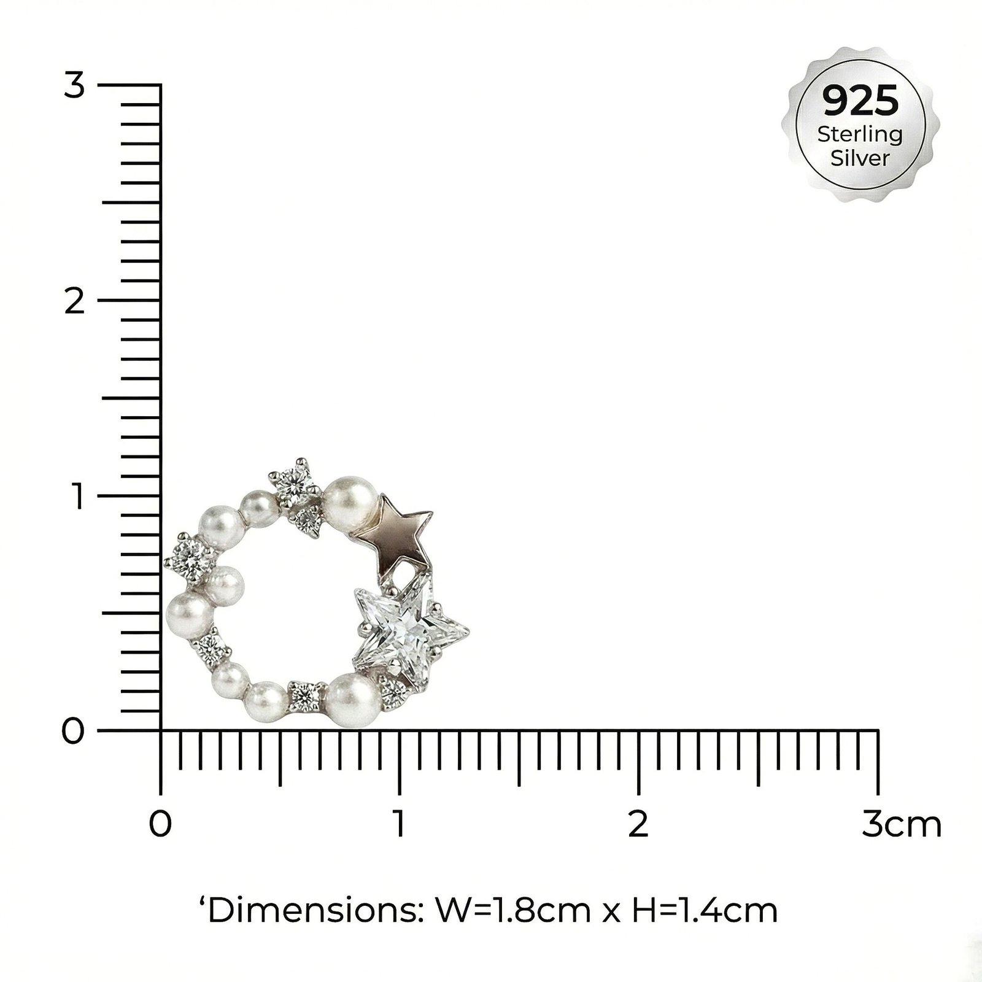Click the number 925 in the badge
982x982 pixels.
pyautogui.click(x=860, y=101)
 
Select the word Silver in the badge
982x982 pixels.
pyautogui.click(x=860, y=158)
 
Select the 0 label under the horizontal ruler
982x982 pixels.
pyautogui.click(x=160, y=824)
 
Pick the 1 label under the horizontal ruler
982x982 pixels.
pyautogui.click(x=400, y=824)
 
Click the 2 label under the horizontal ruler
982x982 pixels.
pyautogui.click(x=638, y=824)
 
